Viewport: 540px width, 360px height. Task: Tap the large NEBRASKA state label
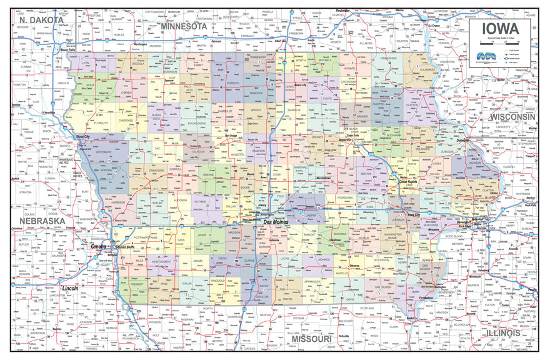click(42, 221)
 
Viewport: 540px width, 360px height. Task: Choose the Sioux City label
click(82, 136)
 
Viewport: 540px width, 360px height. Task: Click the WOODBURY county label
click(104, 151)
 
